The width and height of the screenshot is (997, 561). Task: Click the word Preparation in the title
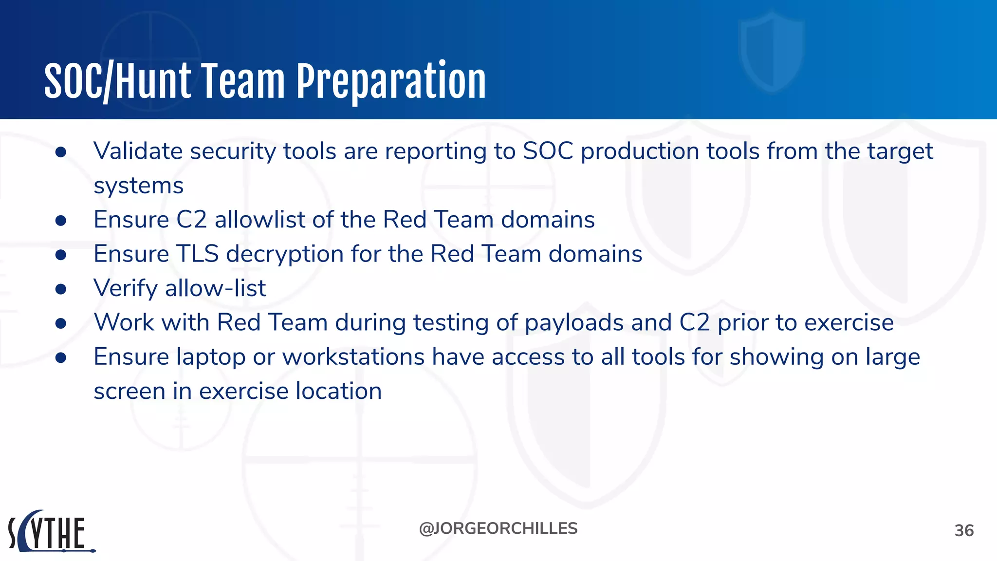tap(391, 82)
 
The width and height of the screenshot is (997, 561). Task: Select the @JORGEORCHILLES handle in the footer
tap(498, 528)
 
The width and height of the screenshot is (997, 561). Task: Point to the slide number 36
tap(964, 530)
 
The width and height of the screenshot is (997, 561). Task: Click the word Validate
tap(138, 151)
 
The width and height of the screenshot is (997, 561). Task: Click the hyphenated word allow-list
tap(215, 288)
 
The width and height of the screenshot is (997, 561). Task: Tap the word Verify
tap(126, 288)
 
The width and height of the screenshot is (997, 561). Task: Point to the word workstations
tap(353, 357)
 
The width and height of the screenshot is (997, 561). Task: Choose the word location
tap(339, 391)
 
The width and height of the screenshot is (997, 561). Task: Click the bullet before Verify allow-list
tap(61, 289)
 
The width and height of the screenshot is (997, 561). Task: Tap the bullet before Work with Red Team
tap(61, 323)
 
